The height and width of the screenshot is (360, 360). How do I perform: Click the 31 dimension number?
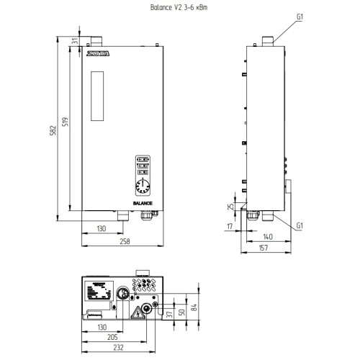pos(75,42)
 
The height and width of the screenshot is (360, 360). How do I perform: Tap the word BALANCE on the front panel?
pos(142,204)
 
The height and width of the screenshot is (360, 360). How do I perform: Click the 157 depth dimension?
pos(264,248)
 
